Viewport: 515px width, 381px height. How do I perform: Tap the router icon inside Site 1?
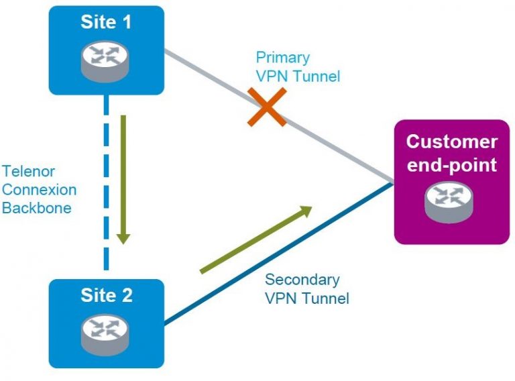pyautogui.click(x=106, y=58)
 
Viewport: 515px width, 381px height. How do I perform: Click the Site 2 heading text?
pyautogui.click(x=106, y=295)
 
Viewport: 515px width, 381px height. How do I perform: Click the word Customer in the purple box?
pyautogui.click(x=452, y=142)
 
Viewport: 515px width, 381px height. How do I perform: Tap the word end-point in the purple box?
pyautogui.click(x=452, y=164)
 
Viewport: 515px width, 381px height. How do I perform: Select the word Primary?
pyautogui.click(x=282, y=58)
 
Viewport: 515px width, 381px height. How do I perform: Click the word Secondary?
pyautogui.click(x=302, y=280)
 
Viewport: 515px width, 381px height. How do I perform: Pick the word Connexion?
pyautogui.click(x=39, y=190)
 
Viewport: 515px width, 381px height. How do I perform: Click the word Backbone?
pyautogui.click(x=36, y=208)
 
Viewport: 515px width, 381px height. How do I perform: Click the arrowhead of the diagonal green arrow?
pyautogui.click(x=306, y=211)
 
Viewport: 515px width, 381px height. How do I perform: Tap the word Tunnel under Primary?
pyautogui.click(x=318, y=76)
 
